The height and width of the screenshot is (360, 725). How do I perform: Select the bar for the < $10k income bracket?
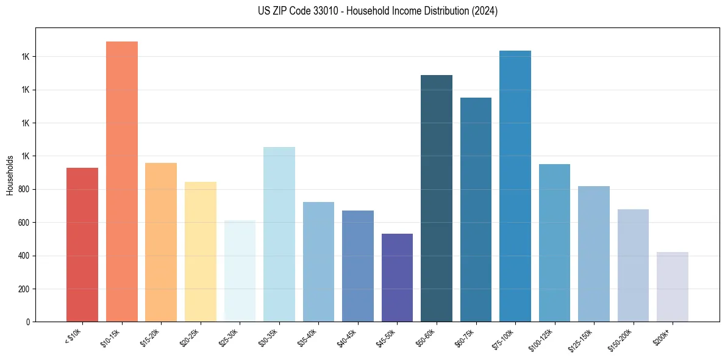coord(82,244)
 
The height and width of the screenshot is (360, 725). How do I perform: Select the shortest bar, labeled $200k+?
coord(673,287)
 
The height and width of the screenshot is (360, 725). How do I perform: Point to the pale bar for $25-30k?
coord(240,271)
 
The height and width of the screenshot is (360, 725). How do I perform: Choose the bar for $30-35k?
coord(279,234)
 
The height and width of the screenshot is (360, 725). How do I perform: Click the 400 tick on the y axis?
coord(24,256)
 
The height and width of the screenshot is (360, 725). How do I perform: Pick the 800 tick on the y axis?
coord(24,189)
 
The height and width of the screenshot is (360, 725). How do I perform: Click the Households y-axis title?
coord(10,175)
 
